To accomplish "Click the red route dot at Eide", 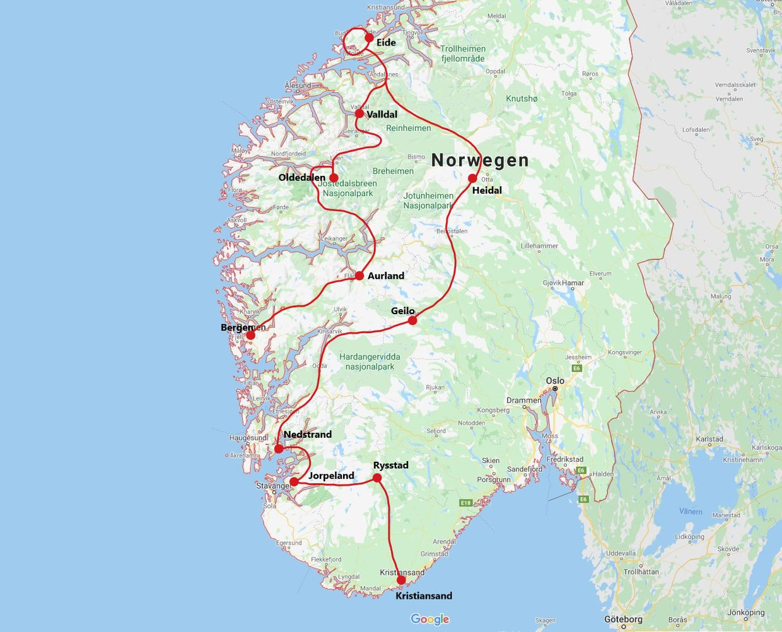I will [x=369, y=37].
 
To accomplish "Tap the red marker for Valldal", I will [x=359, y=114].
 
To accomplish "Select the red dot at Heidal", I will [x=472, y=178].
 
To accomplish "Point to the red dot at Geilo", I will [x=412, y=320].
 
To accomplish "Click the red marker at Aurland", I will [x=359, y=275].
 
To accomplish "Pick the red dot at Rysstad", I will [x=377, y=478].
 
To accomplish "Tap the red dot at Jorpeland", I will [x=294, y=482].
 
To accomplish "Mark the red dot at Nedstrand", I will [x=279, y=449].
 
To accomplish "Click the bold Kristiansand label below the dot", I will [x=423, y=595].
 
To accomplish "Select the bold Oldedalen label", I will [x=302, y=178].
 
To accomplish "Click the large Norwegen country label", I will [x=480, y=161].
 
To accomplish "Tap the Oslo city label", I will [x=555, y=380].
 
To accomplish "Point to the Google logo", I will [x=429, y=619].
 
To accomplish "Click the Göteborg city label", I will [x=624, y=619].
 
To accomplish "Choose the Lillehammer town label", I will [x=539, y=246].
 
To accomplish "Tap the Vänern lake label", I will [x=690, y=512].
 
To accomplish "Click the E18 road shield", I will [x=466, y=503].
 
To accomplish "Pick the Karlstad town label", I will [x=709, y=439].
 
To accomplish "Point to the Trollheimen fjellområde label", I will [x=463, y=54].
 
